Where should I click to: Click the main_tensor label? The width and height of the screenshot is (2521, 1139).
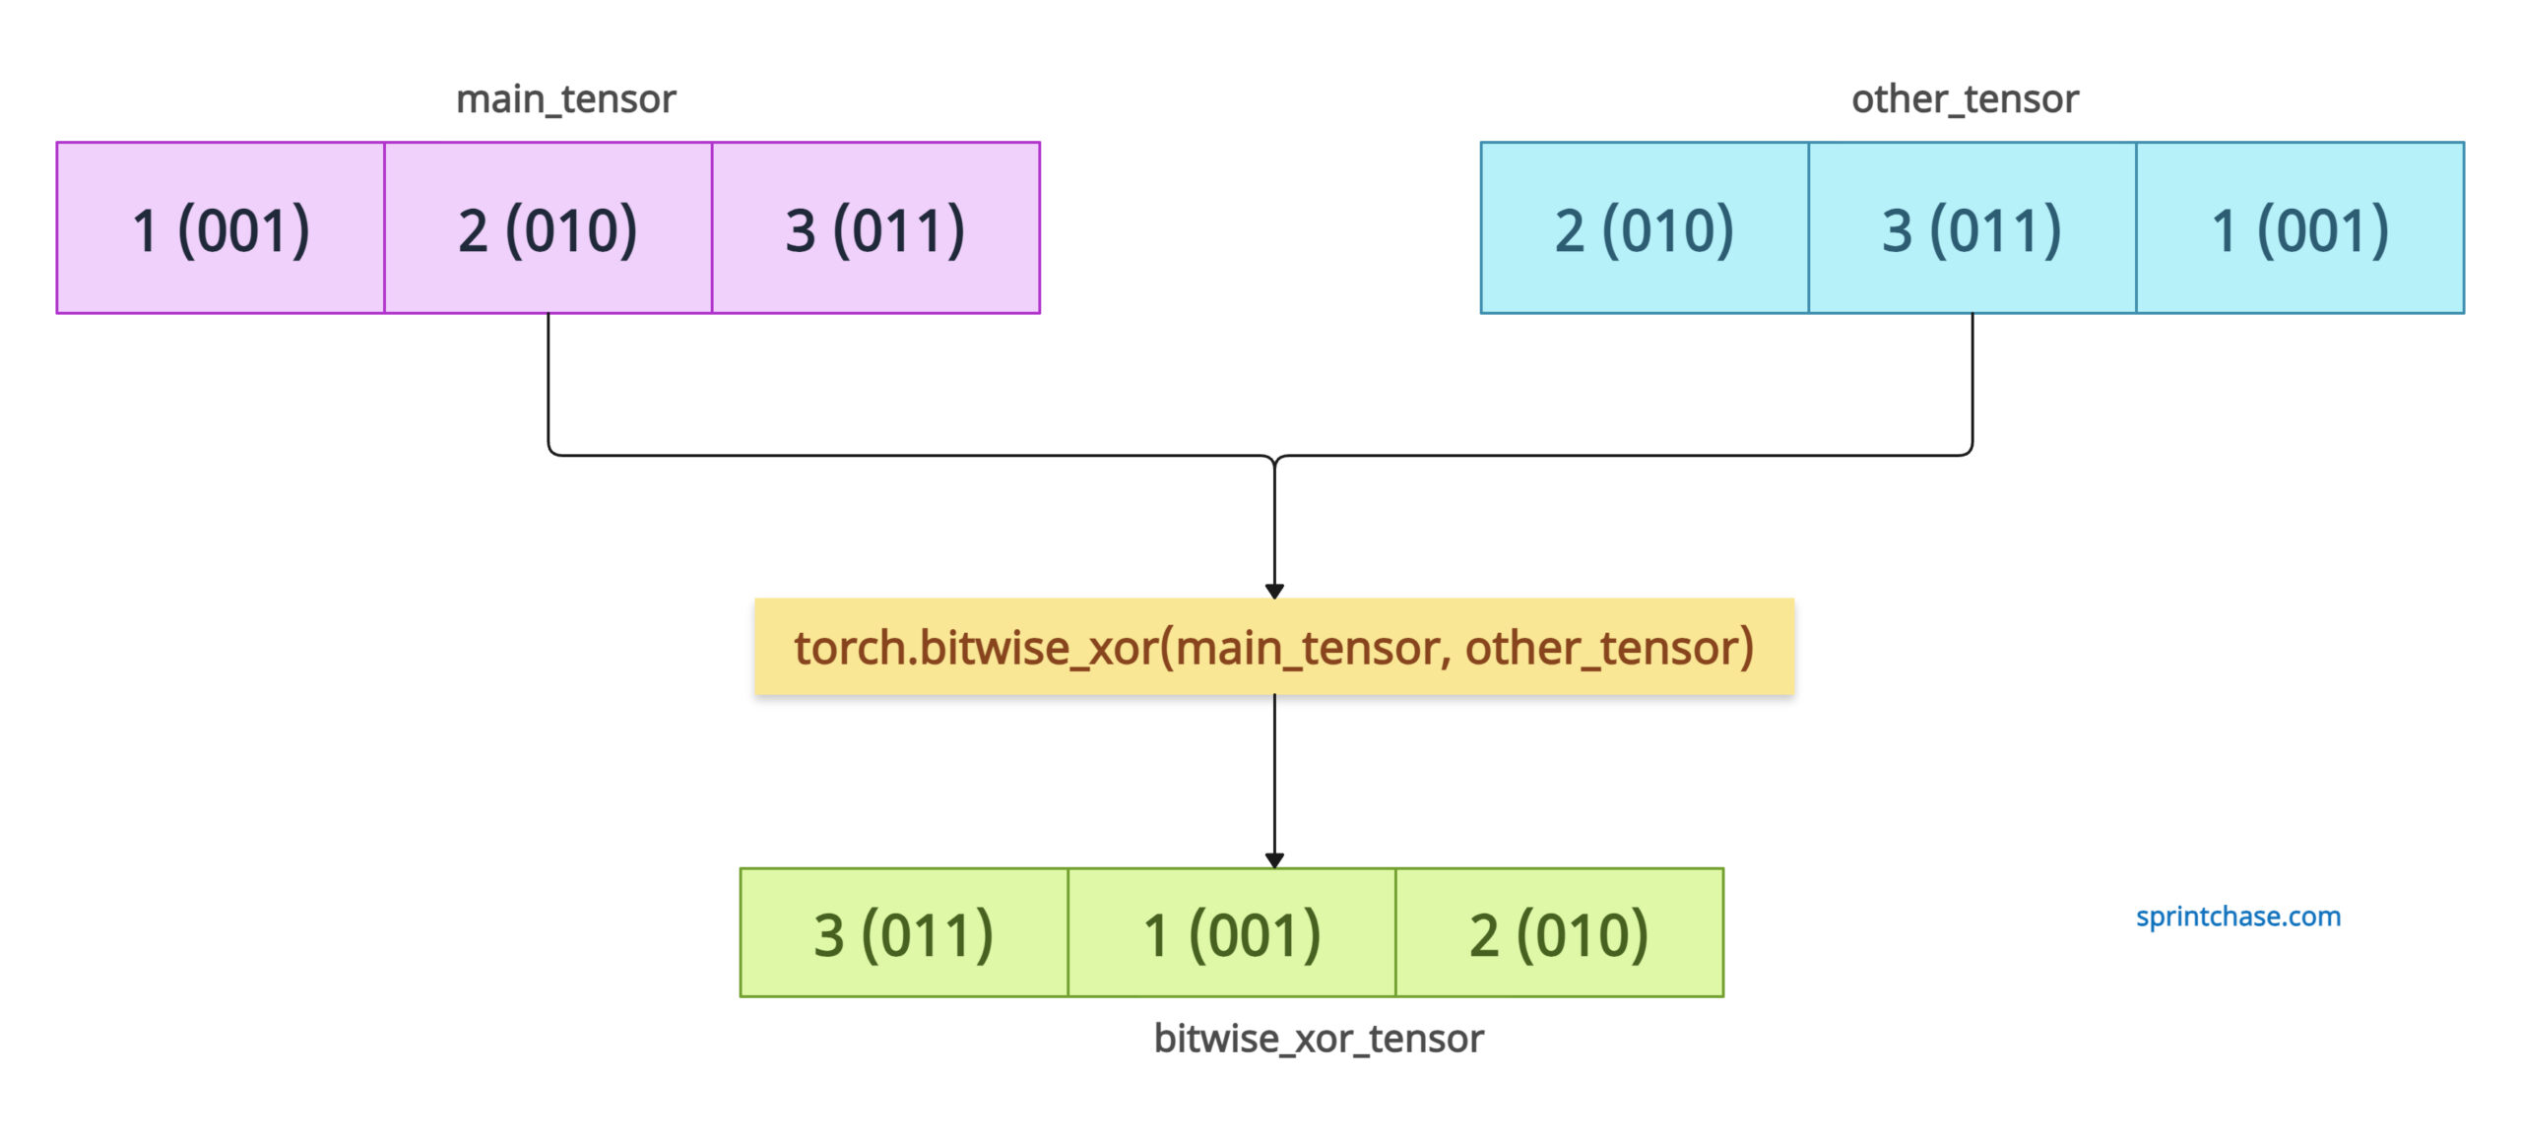click(x=565, y=99)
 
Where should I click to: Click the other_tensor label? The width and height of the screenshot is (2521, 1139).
click(x=1965, y=99)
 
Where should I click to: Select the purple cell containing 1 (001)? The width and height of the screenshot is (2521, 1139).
click(x=221, y=228)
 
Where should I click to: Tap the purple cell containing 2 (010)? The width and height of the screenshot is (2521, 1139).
click(x=549, y=228)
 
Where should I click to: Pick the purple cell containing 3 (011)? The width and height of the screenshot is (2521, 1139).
click(x=876, y=228)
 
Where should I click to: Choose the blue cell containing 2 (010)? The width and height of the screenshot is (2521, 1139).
click(x=1645, y=228)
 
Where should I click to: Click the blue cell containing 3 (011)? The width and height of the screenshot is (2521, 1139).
click(x=1972, y=228)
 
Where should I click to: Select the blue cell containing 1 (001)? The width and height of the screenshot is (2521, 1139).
click(x=2300, y=228)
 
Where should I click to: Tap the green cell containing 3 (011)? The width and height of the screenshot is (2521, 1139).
click(x=904, y=933)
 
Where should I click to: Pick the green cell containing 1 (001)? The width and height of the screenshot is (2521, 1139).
click(x=1232, y=933)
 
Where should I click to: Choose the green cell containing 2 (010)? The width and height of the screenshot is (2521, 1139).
click(x=1560, y=933)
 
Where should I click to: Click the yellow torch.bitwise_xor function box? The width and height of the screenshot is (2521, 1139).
click(x=1274, y=647)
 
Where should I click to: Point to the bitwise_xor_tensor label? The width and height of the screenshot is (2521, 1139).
click(x=1319, y=1039)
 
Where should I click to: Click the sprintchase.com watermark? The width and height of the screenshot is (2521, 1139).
click(x=2238, y=917)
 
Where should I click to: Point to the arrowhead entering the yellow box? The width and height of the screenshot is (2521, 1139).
click(x=1274, y=592)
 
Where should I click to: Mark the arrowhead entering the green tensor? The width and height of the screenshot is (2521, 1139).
click(x=1274, y=861)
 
